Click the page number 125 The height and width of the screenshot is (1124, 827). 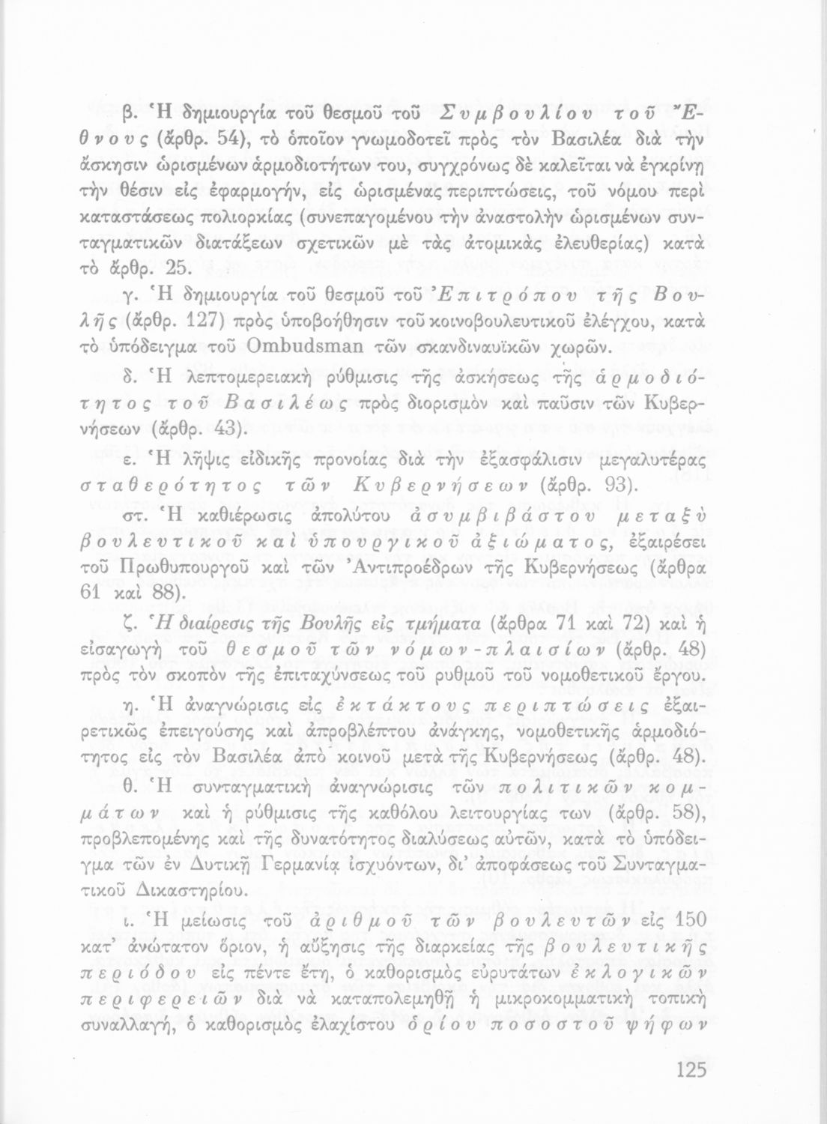point(691,1069)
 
